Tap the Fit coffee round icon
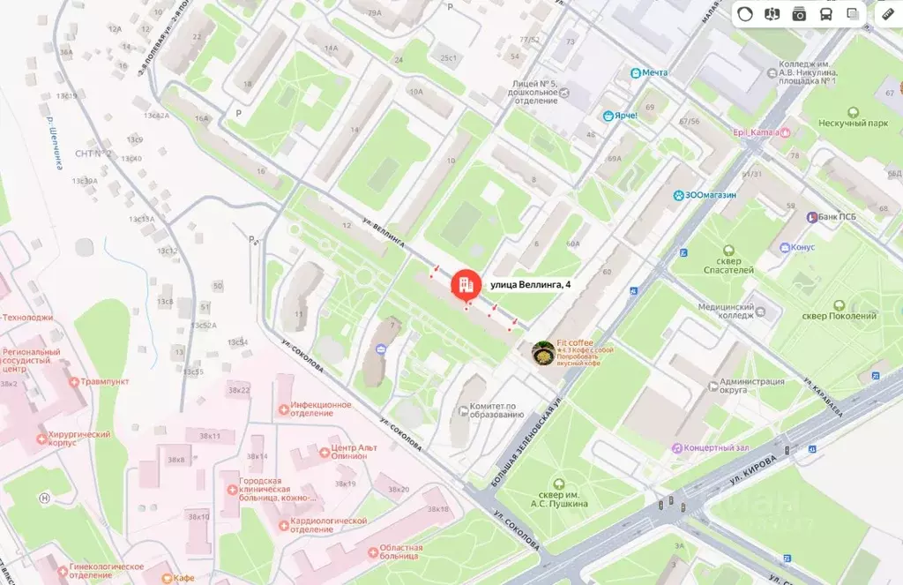click(x=543, y=353)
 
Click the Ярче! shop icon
click(x=608, y=116)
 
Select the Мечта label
click(x=654, y=72)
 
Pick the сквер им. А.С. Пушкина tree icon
click(x=558, y=483)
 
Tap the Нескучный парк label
click(x=852, y=124)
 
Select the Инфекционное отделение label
click(x=322, y=409)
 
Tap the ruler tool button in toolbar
click(x=887, y=14)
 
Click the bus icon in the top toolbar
click(x=825, y=14)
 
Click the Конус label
click(x=803, y=247)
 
